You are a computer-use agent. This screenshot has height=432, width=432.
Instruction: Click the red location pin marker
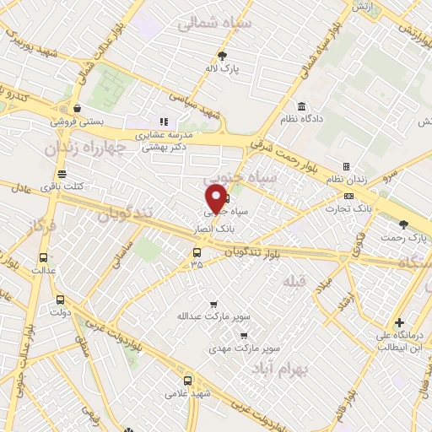pos(215,199)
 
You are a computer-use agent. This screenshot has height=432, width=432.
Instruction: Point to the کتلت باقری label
pos(57,184)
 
